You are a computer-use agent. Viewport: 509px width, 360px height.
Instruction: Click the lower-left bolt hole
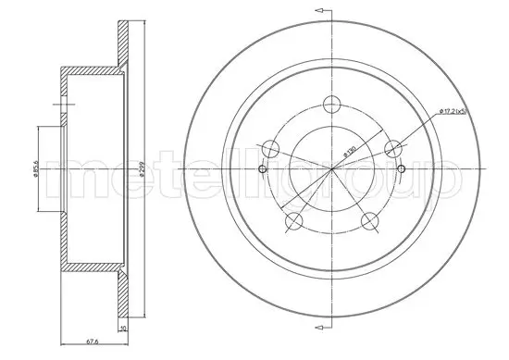(294, 220)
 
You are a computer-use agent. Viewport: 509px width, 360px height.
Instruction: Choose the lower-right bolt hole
(370, 220)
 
